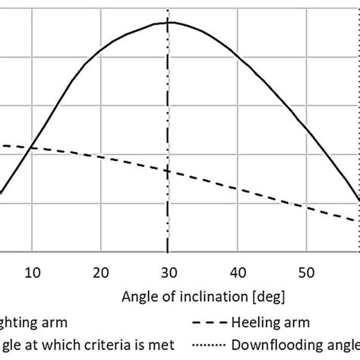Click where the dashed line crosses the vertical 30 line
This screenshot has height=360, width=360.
click(x=168, y=171)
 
